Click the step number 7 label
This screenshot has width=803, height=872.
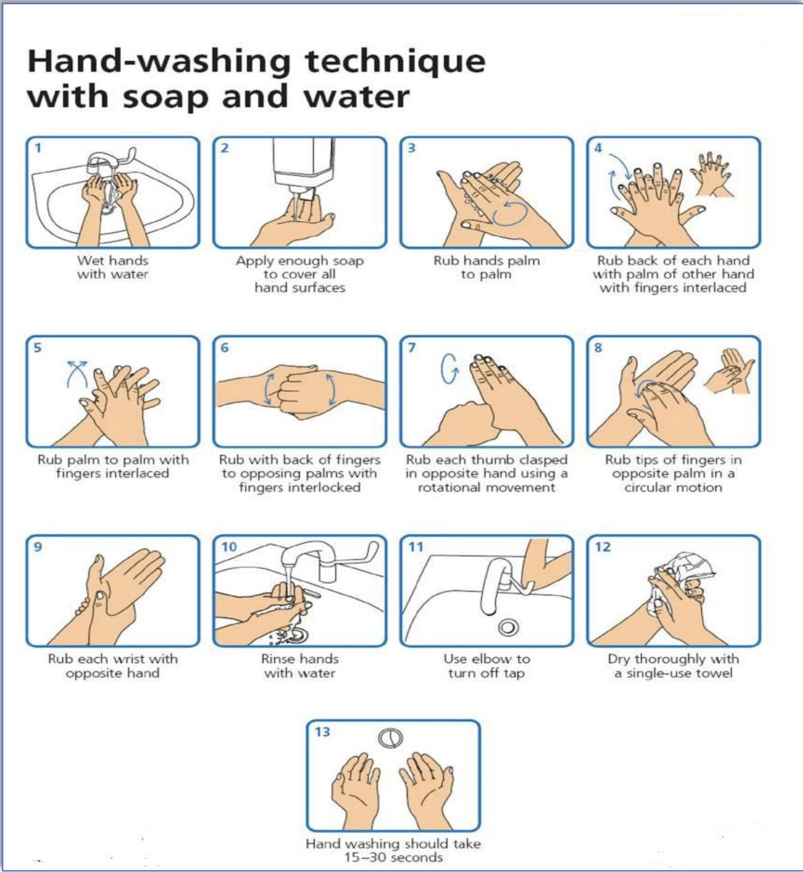pyautogui.click(x=412, y=347)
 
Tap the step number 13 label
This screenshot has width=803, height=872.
pyautogui.click(x=323, y=732)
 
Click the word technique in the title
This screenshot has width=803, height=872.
pyautogui.click(x=395, y=61)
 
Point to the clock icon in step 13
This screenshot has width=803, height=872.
pyautogui.click(x=391, y=738)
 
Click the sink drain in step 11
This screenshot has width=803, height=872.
pyautogui.click(x=508, y=628)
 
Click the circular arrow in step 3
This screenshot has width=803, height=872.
pyautogui.click(x=511, y=214)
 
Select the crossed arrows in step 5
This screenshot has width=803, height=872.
pyautogui.click(x=77, y=374)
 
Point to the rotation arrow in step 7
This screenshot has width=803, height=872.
pyautogui.click(x=450, y=369)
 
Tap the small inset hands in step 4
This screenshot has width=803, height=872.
pyautogui.click(x=712, y=174)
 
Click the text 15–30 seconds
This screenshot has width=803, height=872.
pyautogui.click(x=394, y=858)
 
